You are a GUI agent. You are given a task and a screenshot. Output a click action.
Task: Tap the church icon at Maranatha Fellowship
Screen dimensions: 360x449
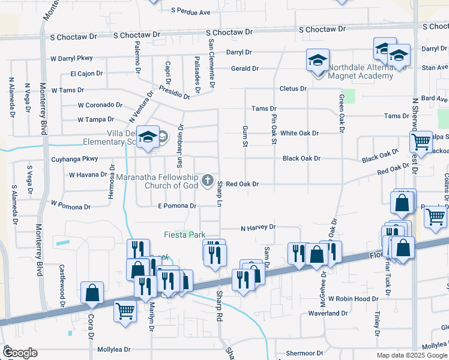pos(208,180)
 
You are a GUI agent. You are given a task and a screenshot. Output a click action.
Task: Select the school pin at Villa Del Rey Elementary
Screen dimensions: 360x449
pos(147,137)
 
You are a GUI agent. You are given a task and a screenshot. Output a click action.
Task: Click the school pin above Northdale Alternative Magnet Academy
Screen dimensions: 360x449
pos(318,60)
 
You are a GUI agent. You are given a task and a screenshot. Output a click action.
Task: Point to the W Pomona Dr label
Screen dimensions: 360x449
pos(71,206)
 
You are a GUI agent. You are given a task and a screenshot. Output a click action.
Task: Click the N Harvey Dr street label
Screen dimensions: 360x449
pos(258,227)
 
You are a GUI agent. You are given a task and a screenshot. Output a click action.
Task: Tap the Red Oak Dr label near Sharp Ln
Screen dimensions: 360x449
pos(242,184)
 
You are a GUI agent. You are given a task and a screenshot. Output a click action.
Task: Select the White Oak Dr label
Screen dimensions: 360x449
pos(299,133)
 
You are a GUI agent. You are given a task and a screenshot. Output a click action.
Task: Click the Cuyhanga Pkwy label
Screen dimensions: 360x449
pos(74,159)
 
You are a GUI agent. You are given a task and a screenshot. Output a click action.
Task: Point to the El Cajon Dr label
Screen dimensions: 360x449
pos(86,74)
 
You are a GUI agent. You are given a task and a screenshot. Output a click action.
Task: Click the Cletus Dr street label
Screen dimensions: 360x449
pos(293,88)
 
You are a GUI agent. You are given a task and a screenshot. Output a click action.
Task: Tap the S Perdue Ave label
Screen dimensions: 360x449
pos(191,11)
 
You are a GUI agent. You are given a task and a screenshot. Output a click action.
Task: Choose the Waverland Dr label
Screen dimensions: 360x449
pos(328,313)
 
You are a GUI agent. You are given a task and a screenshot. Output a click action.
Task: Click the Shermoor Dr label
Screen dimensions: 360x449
pos(305,353)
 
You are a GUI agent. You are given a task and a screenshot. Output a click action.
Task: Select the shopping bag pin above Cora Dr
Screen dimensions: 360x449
pos(92,292)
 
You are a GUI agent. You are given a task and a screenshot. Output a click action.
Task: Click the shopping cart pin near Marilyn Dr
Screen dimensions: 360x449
pos(125,311)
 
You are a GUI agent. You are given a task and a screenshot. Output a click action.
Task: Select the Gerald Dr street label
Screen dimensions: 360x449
pos(245,68)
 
